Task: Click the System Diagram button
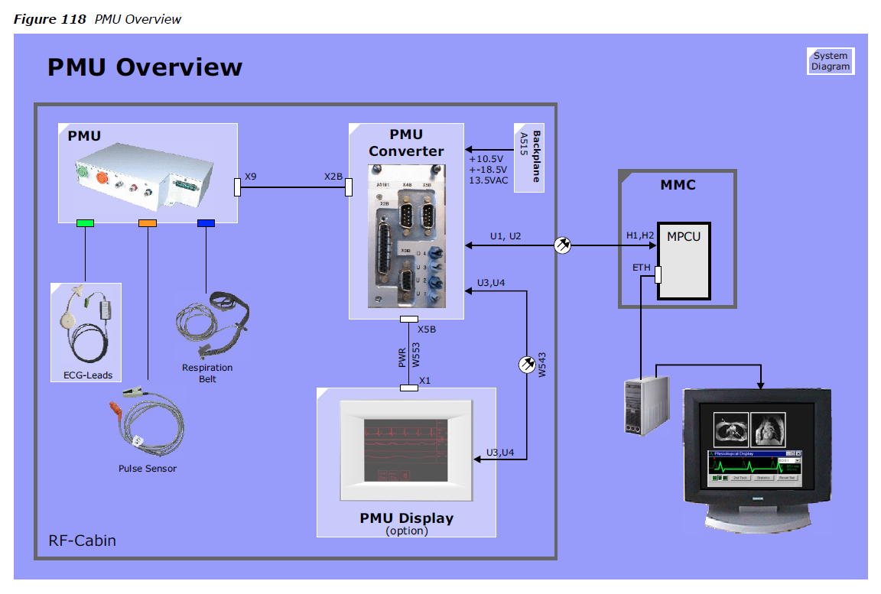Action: (x=831, y=61)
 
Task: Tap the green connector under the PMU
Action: (x=85, y=223)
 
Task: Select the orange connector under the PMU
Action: (x=147, y=223)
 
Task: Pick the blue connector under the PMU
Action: (x=206, y=223)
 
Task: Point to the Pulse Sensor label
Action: (x=147, y=469)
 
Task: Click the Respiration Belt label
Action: (x=206, y=373)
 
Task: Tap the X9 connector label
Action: (x=251, y=177)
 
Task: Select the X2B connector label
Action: (x=333, y=177)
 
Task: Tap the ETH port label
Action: (x=641, y=268)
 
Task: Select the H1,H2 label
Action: (x=640, y=235)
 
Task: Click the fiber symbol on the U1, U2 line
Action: (x=562, y=245)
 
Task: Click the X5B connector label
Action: (x=427, y=329)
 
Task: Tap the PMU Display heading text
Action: (x=406, y=518)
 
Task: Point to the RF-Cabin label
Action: (x=83, y=541)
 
